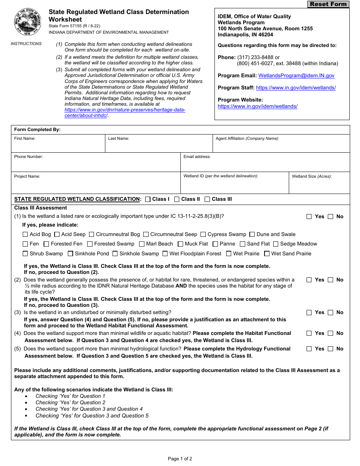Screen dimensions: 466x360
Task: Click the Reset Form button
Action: [x=328, y=4]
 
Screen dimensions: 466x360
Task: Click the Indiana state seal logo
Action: [x=28, y=21]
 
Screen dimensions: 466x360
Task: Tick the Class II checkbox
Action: [x=177, y=199]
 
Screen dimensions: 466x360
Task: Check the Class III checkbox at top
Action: [x=207, y=199]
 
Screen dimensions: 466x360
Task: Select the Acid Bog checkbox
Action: [x=25, y=235]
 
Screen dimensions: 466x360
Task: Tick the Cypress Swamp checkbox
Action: [x=203, y=235]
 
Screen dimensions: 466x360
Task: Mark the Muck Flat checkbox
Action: [x=180, y=244]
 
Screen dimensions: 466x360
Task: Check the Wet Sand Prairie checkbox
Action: [x=267, y=254]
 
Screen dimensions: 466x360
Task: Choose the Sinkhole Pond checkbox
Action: [x=70, y=254]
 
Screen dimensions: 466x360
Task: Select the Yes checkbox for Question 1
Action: [x=309, y=217]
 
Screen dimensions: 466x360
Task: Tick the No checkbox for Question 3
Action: [x=330, y=313]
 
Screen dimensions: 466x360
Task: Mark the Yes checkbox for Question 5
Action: [x=309, y=349]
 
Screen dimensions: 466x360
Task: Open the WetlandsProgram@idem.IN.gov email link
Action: [x=296, y=75]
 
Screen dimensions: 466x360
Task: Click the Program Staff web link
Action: [x=296, y=88]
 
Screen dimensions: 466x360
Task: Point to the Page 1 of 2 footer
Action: [x=180, y=459]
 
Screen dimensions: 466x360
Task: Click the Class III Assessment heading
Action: [x=41, y=208]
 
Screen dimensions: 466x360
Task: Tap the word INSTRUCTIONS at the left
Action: [x=26, y=44]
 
